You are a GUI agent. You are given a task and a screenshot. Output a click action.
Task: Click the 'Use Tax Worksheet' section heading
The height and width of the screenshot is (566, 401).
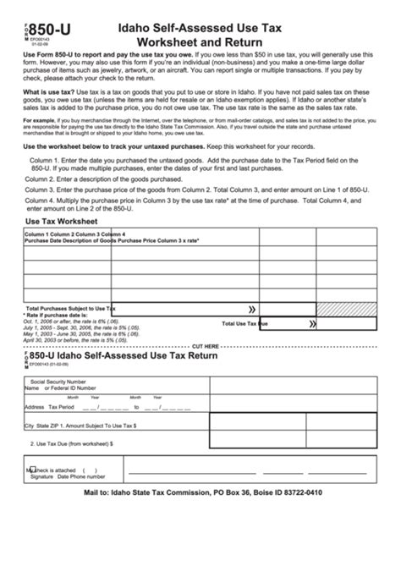pos(63,221)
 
